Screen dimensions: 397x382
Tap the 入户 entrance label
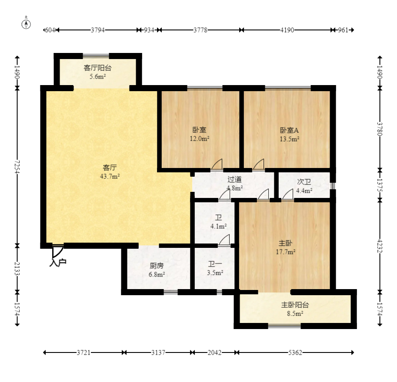[58, 263]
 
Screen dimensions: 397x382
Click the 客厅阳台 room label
[97, 68]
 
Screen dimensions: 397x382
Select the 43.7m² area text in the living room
[110, 176]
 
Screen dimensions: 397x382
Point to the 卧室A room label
[289, 130]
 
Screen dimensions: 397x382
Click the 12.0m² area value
[200, 138]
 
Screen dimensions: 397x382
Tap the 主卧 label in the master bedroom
[285, 243]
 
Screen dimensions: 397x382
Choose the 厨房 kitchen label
[157, 266]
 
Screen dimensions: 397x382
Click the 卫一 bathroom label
[215, 264]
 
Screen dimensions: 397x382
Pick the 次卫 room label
[304, 182]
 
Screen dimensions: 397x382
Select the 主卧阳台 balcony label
[295, 305]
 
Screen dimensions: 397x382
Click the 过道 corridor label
[234, 179]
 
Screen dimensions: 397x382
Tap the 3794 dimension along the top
[98, 30]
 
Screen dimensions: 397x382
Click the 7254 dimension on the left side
[17, 167]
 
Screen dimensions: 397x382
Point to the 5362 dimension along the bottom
[295, 352]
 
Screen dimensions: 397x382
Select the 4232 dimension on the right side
[380, 246]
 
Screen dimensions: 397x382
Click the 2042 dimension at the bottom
[215, 352]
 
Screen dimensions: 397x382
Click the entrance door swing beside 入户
[58, 251]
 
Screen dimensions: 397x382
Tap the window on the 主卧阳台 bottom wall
[284, 326]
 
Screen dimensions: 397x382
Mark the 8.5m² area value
[295, 314]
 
